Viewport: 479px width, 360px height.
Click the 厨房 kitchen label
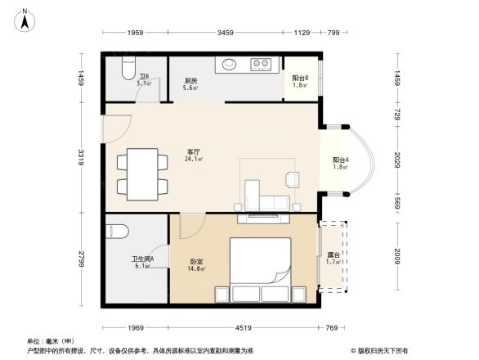point(189,80)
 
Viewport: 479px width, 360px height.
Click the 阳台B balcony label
point(300,77)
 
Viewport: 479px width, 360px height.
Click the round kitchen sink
point(227,62)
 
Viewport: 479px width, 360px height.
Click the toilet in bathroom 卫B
point(126,65)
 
